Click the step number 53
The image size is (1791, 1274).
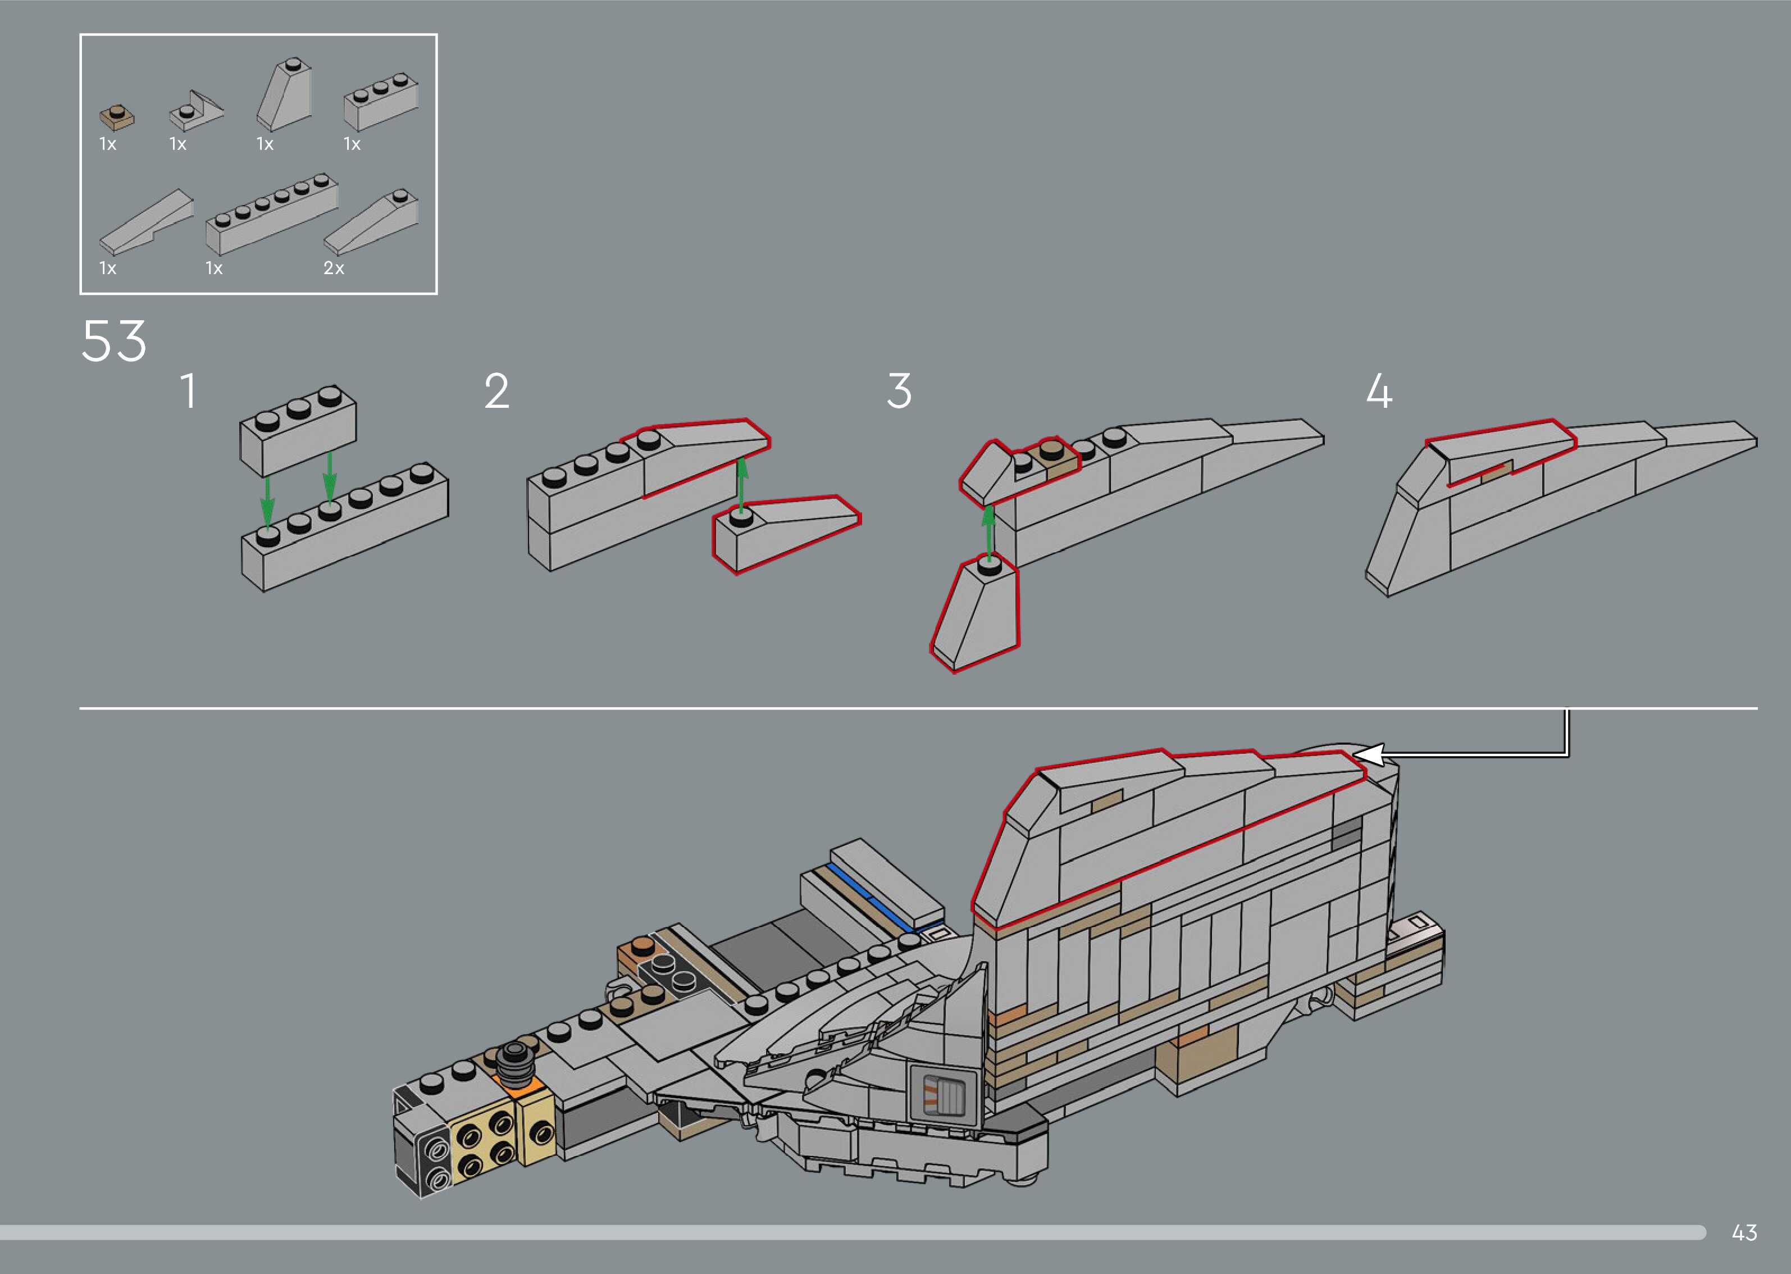tap(113, 342)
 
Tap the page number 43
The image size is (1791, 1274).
tap(1744, 1232)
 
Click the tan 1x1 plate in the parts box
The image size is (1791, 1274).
tap(117, 117)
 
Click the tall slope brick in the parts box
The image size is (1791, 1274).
tap(284, 95)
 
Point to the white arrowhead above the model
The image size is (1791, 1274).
tap(1368, 754)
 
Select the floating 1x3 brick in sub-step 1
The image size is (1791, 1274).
tap(298, 431)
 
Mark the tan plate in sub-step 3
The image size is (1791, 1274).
tap(1055, 459)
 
